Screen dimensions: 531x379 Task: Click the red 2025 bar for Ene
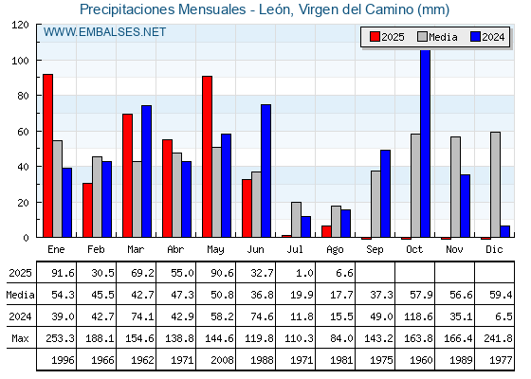(x=47, y=155)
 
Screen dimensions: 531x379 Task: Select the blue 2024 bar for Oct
(x=426, y=143)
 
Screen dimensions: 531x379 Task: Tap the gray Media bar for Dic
(x=495, y=185)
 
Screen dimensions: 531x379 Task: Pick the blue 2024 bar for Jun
(x=265, y=171)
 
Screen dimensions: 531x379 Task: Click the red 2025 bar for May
(x=208, y=156)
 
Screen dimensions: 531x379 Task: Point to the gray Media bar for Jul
(x=296, y=220)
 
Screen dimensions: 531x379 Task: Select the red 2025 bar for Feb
(x=87, y=210)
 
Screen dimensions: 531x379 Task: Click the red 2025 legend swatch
(x=375, y=37)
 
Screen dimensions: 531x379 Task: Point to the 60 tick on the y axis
(x=23, y=132)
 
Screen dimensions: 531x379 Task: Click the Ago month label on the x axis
(x=335, y=250)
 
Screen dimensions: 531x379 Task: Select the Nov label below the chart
(x=454, y=250)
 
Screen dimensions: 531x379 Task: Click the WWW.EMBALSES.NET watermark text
(x=104, y=32)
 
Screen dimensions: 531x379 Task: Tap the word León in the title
(x=276, y=9)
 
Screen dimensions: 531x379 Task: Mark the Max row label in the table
(x=20, y=338)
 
